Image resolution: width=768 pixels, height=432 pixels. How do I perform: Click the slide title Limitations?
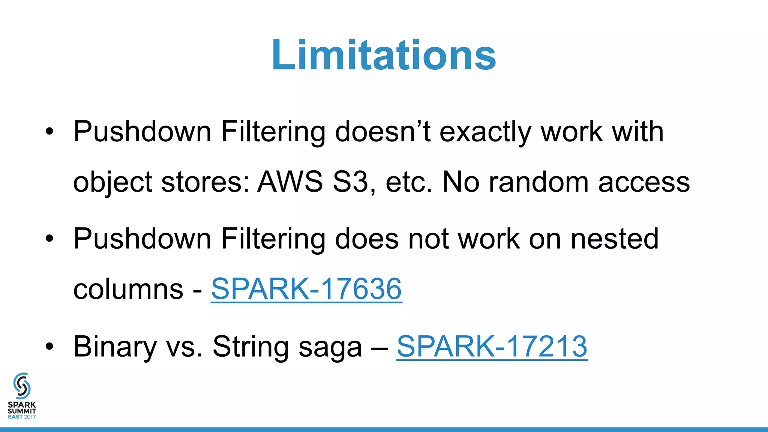pyautogui.click(x=384, y=55)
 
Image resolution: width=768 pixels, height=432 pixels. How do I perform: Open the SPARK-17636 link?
pyautogui.click(x=306, y=289)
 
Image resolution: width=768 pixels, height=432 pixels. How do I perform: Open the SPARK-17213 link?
pyautogui.click(x=492, y=346)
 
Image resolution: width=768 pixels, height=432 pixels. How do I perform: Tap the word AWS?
pyautogui.click(x=290, y=182)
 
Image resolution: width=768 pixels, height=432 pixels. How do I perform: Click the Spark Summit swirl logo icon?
pyautogui.click(x=22, y=385)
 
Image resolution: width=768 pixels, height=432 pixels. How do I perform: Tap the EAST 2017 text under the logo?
pyautogui.click(x=22, y=417)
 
